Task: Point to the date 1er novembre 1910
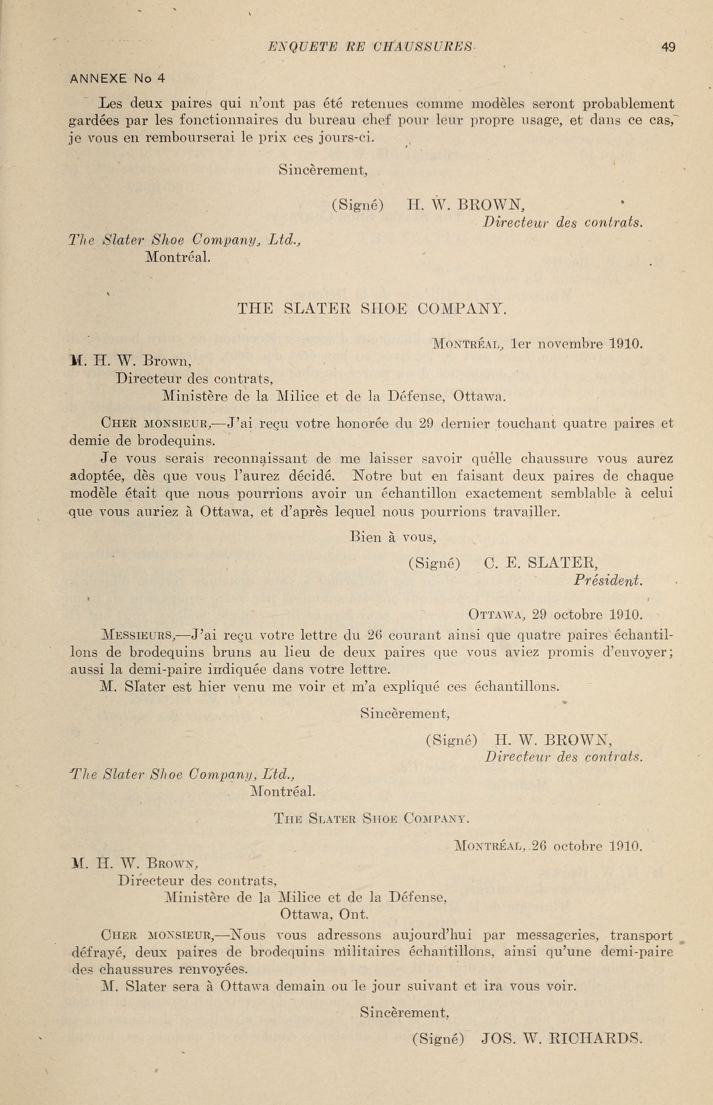click(x=577, y=344)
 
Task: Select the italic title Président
click(x=608, y=580)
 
